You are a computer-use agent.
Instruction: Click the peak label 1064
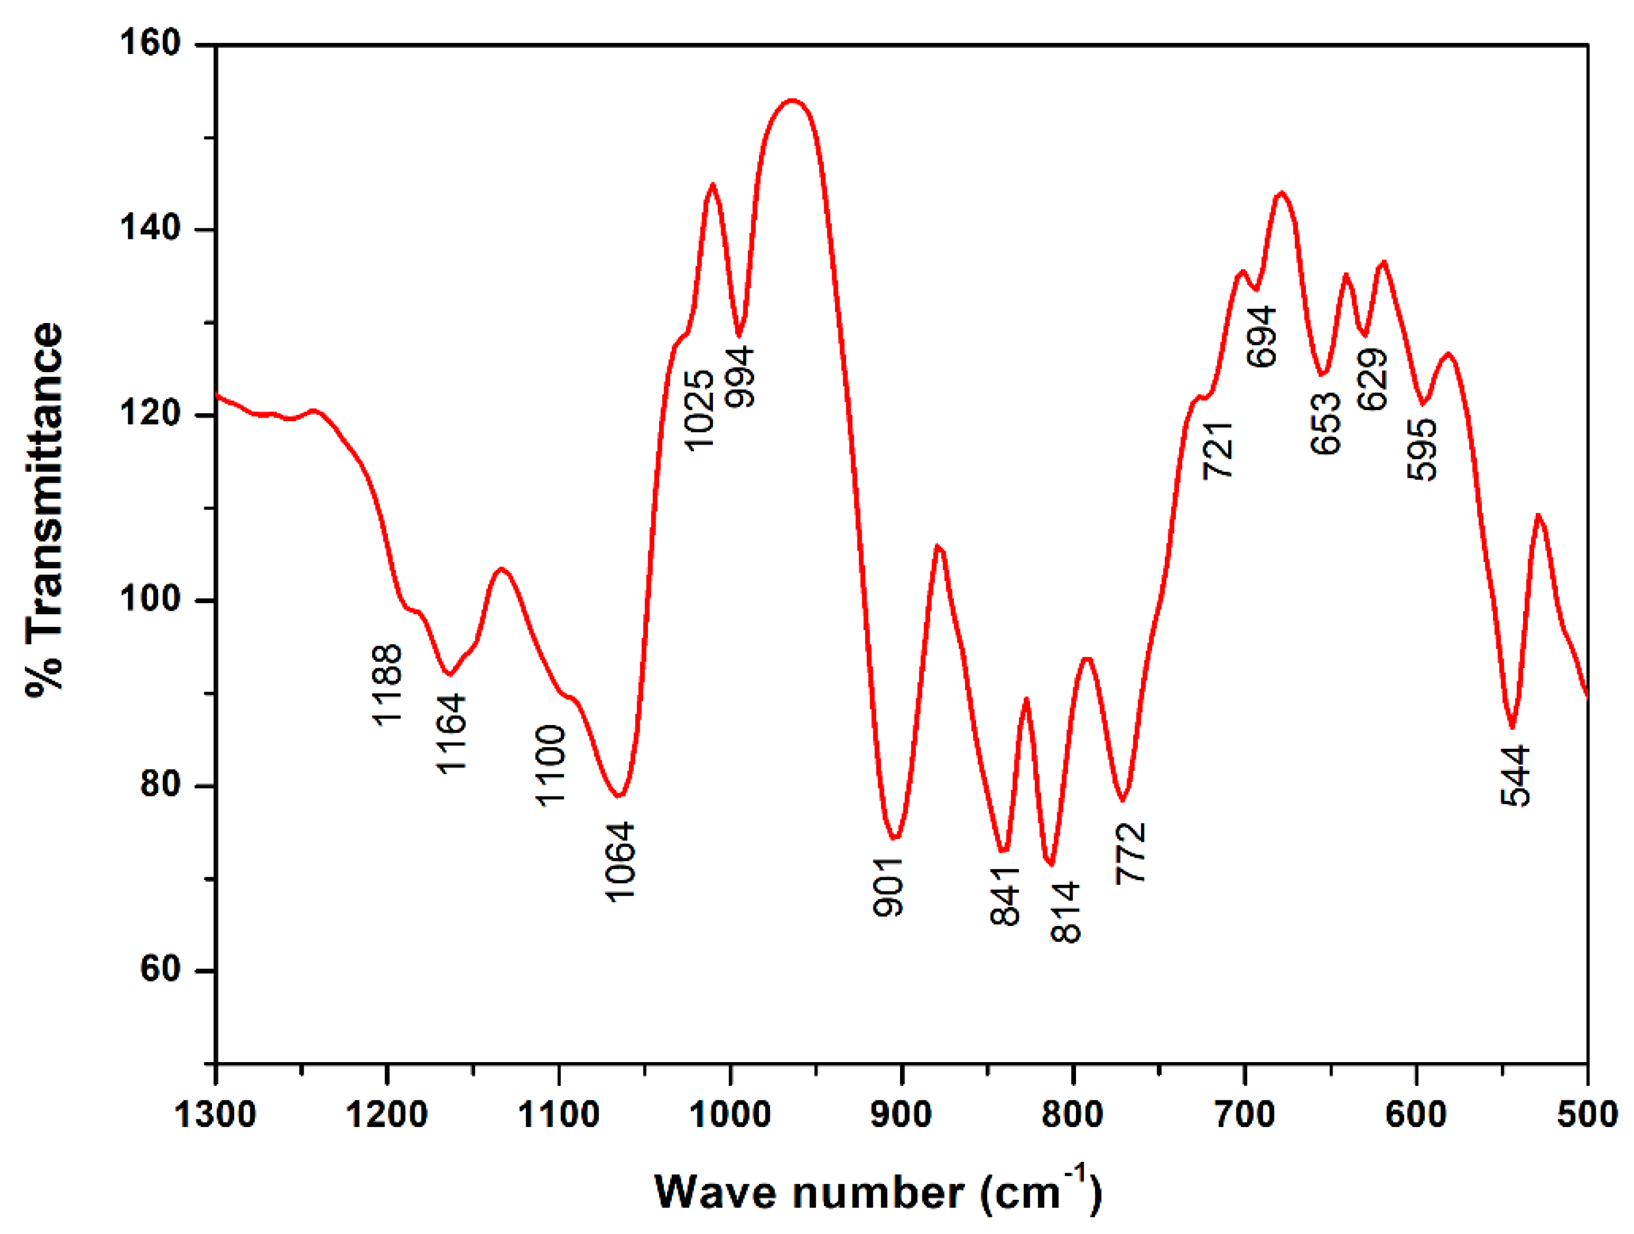tap(619, 862)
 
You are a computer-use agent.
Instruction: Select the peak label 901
tap(888, 887)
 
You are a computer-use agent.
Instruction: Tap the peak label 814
tap(1065, 912)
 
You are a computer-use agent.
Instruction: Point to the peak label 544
tap(1515, 776)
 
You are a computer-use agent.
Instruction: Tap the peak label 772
tap(1130, 853)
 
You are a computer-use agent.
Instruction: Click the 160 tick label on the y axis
tap(150, 43)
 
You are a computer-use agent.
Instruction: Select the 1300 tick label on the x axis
tap(215, 1114)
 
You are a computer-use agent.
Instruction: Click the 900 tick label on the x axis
tap(901, 1114)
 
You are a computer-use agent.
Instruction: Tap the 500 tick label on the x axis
tap(1587, 1114)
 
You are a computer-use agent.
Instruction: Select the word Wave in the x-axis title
tap(715, 1193)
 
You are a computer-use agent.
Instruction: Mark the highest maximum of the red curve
tap(793, 100)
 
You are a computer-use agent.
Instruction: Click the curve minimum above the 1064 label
tap(619, 796)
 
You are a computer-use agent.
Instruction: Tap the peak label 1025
tap(698, 410)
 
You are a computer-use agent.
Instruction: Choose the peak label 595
tap(1421, 449)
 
